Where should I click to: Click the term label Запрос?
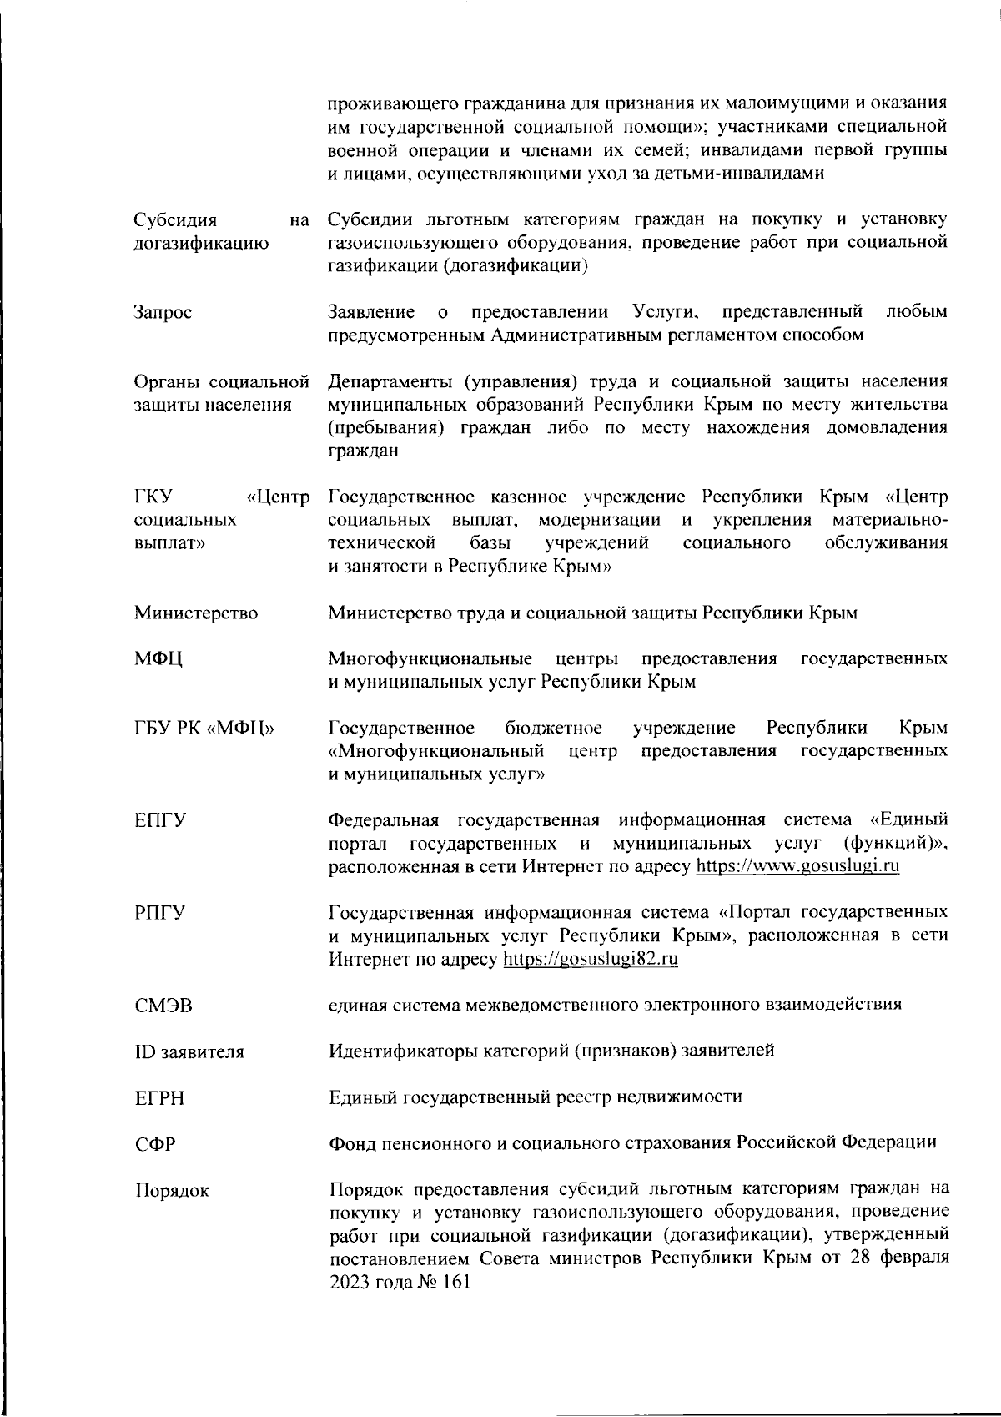point(163,313)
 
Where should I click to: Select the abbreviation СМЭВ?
point(163,1006)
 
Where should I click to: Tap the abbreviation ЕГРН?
point(159,1099)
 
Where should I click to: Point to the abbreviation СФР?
point(155,1145)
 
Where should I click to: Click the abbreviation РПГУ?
point(160,913)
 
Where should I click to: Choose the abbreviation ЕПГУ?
point(160,820)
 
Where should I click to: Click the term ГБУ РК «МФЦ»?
point(205,729)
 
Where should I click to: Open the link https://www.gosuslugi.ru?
point(797,866)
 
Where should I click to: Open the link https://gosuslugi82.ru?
point(591,959)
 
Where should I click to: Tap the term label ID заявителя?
point(189,1052)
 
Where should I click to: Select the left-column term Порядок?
point(171,1191)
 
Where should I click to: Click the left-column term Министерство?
point(196,613)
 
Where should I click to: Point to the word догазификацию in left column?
point(201,244)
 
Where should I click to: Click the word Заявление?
point(371,312)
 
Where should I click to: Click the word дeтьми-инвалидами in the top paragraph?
point(740,174)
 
